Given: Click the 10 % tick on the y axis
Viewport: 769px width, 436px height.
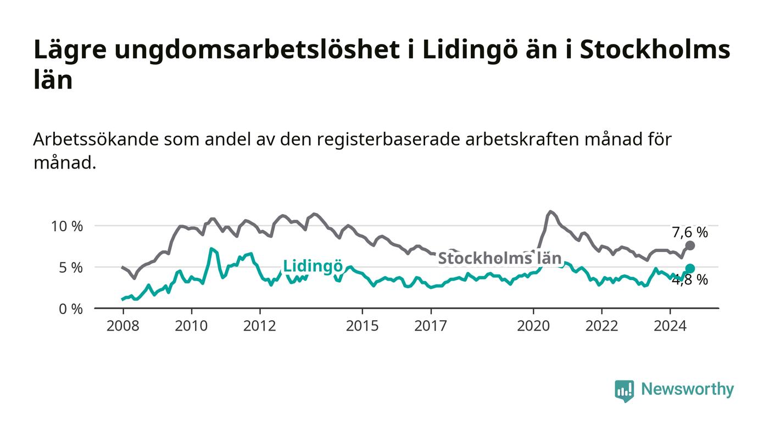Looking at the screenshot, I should tap(66, 226).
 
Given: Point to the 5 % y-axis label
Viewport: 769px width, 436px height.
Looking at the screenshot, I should tap(70, 268).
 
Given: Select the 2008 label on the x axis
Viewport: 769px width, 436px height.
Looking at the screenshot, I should tap(122, 326).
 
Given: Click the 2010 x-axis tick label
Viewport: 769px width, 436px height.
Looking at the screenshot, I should tap(191, 326).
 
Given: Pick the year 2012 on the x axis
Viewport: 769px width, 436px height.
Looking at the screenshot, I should tap(259, 326).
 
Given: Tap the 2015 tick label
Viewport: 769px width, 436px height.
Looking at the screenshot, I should tap(362, 326).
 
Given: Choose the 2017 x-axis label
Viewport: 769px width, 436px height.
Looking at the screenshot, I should tap(431, 326).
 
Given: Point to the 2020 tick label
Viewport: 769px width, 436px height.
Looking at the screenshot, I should tap(533, 326).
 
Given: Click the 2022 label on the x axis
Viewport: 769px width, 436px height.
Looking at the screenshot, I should tap(601, 326).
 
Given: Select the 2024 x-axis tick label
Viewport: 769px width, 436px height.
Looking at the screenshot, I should tap(670, 326).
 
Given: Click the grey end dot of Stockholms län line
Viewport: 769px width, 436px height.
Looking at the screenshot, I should tap(690, 245).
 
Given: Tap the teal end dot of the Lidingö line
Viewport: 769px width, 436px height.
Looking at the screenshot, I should tap(690, 269).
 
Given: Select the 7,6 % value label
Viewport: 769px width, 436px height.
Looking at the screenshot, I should tap(690, 232).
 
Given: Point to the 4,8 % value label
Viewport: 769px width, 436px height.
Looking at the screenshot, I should tap(690, 280).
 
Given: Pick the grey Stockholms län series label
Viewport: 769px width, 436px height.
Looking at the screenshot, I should tap(499, 258).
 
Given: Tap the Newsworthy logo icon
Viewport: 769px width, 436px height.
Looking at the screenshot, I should tap(624, 390).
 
